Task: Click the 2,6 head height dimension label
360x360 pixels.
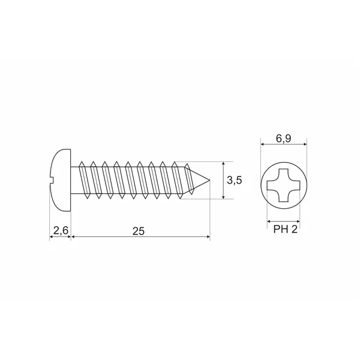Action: pyautogui.click(x=61, y=230)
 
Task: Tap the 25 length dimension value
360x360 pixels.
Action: pyautogui.click(x=139, y=231)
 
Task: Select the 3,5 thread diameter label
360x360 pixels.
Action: pyautogui.click(x=235, y=181)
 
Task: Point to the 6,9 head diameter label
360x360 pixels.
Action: pyautogui.click(x=284, y=139)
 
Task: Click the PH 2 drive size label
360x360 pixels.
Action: pyautogui.click(x=285, y=229)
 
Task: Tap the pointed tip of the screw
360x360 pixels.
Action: pyautogui.click(x=209, y=180)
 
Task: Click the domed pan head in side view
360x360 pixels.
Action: pyautogui.click(x=60, y=180)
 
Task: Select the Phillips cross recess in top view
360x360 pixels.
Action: pyautogui.click(x=284, y=185)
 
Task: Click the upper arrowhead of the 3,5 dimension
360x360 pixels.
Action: pyautogui.click(x=223, y=164)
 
